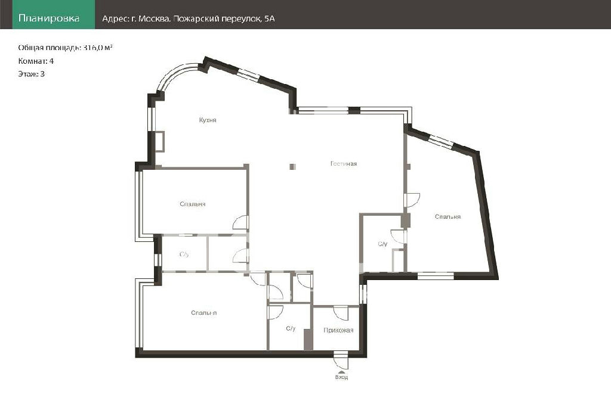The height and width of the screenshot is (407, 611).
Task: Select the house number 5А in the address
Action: [269, 18]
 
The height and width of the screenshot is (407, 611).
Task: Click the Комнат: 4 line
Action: [36, 61]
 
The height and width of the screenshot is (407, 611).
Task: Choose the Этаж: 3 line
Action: [31, 74]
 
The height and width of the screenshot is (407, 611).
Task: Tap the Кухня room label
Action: [208, 120]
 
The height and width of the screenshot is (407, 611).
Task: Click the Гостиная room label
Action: [344, 164]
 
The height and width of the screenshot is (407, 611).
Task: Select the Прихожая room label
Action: [338, 330]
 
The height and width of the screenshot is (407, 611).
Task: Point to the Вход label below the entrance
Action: [341, 377]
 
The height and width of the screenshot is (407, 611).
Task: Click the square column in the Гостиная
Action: [292, 166]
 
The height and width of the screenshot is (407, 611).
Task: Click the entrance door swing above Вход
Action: [341, 360]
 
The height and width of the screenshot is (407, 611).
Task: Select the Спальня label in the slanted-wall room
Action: [448, 217]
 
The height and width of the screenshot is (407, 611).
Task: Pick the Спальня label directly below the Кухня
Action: [193, 204]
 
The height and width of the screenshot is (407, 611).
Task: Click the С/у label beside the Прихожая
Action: [291, 329]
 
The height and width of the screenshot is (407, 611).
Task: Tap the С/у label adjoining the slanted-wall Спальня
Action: [382, 244]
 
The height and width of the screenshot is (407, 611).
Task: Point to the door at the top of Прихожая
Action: [341, 313]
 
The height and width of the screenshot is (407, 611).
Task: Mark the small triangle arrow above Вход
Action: [341, 372]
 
